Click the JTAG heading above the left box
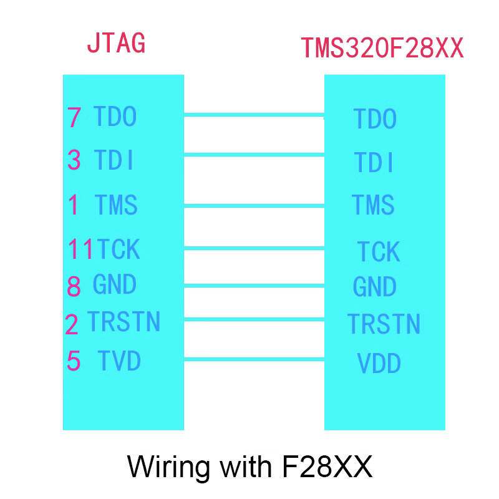tap(116, 43)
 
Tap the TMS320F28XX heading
tap(382, 48)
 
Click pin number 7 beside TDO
tap(74, 118)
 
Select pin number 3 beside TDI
tap(74, 160)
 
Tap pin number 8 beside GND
tap(74, 286)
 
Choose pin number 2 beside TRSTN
tap(72, 324)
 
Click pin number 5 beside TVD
tap(74, 361)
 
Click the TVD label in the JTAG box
tap(119, 361)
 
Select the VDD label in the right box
tap(379, 363)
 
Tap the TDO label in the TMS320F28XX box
tap(375, 119)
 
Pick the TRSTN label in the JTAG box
tap(124, 322)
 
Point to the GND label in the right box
tap(374, 287)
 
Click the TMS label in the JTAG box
tap(116, 205)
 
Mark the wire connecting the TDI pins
tap(254, 155)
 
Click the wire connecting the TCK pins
tap(254, 249)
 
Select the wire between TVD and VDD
tap(254, 359)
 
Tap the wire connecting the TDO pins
tap(254, 114)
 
